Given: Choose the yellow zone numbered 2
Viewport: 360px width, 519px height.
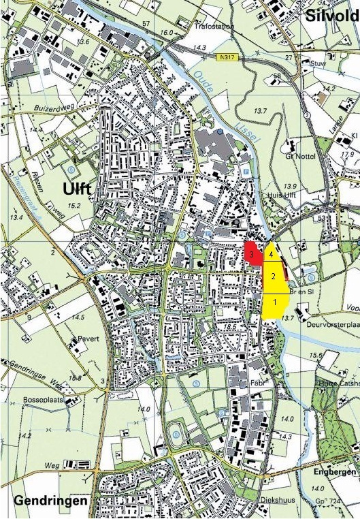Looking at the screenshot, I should [x=273, y=276].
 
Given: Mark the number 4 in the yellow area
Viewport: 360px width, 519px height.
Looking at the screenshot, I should [x=272, y=254].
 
